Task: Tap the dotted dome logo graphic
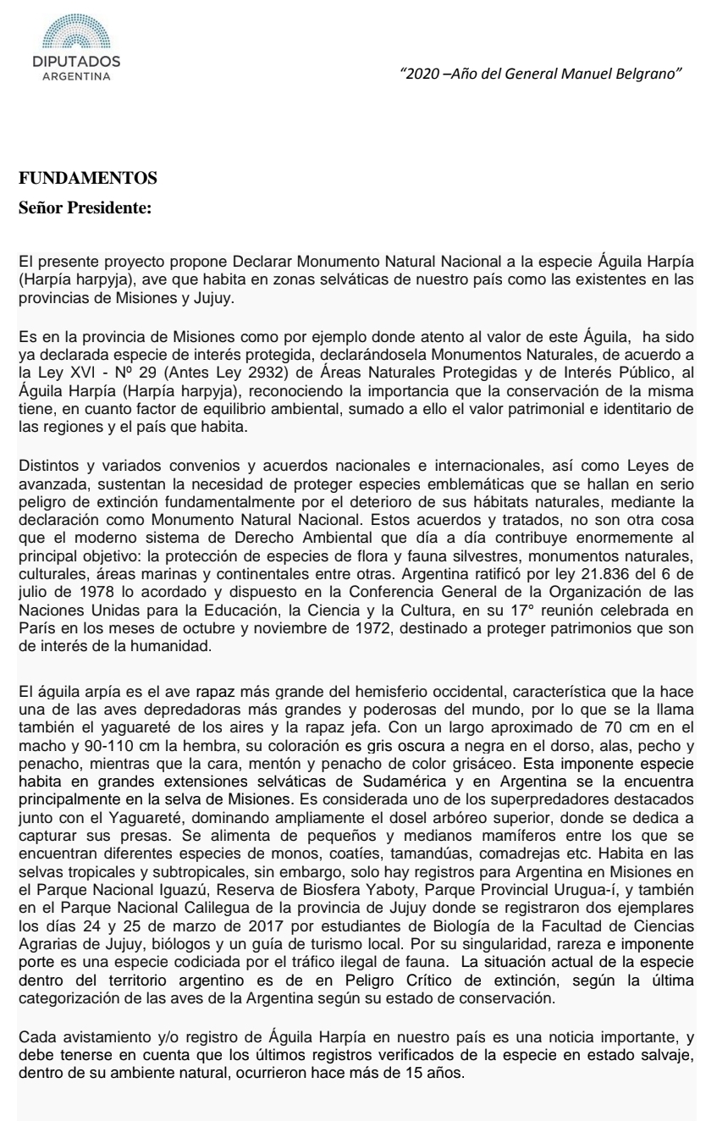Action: pos(75,35)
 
